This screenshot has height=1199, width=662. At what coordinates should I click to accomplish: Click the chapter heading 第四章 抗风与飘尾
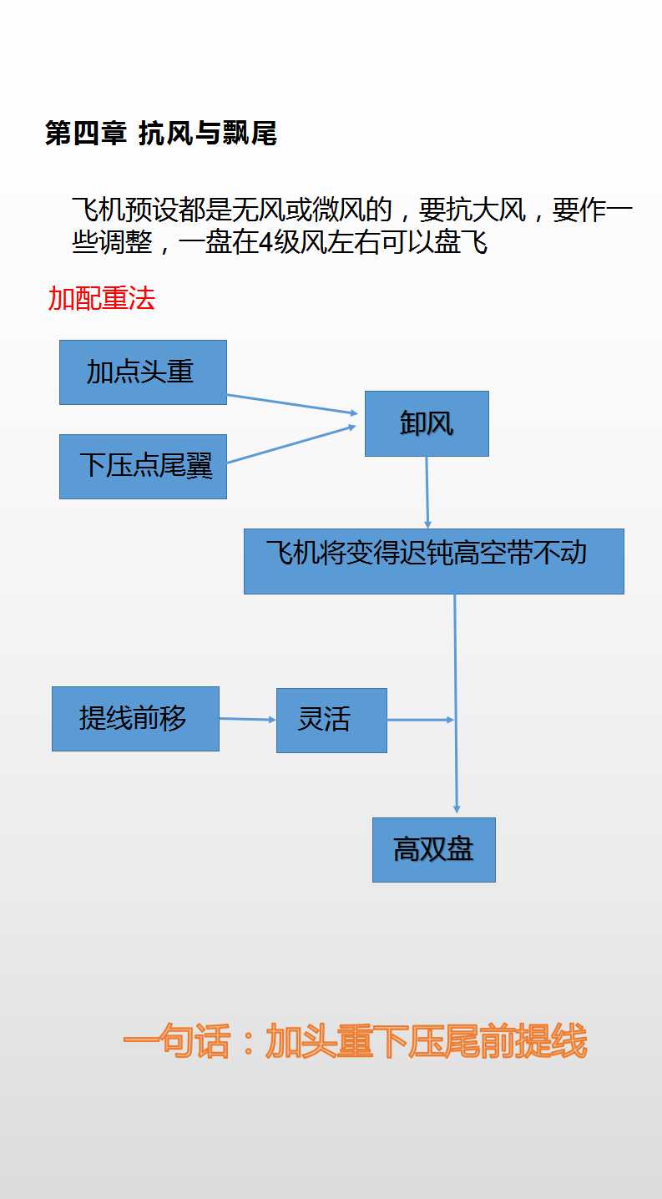click(161, 134)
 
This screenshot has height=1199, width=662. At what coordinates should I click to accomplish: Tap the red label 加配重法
click(102, 298)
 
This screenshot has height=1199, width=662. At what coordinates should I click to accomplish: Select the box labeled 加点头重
click(143, 372)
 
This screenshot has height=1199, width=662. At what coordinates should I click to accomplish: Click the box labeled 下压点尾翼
click(143, 466)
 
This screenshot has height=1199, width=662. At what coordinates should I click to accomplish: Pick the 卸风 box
click(427, 423)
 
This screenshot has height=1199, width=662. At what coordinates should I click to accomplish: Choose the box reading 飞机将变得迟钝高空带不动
click(434, 561)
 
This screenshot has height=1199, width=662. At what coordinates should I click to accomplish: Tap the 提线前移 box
click(135, 718)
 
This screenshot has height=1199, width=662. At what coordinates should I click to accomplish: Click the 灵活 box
click(331, 720)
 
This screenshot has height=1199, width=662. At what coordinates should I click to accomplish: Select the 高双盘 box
click(434, 849)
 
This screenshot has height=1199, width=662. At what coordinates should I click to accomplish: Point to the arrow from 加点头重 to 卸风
click(292, 404)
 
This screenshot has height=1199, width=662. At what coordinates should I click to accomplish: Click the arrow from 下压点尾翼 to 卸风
click(291, 443)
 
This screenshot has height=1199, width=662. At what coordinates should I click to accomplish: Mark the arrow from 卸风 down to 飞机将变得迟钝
click(427, 493)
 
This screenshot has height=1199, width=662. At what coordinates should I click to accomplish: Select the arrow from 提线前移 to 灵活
click(248, 719)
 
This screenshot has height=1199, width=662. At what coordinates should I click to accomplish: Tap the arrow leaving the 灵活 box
click(421, 720)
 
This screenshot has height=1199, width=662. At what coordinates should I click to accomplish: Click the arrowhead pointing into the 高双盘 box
click(457, 809)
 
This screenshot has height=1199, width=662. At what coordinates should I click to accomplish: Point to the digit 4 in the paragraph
click(266, 243)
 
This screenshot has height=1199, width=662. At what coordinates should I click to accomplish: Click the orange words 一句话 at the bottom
click(177, 1040)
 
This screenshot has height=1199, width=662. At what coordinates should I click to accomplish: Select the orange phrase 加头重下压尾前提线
click(426, 1040)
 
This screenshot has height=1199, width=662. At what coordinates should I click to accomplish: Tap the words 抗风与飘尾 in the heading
click(208, 134)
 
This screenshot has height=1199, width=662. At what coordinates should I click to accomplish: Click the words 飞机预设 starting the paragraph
click(125, 210)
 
